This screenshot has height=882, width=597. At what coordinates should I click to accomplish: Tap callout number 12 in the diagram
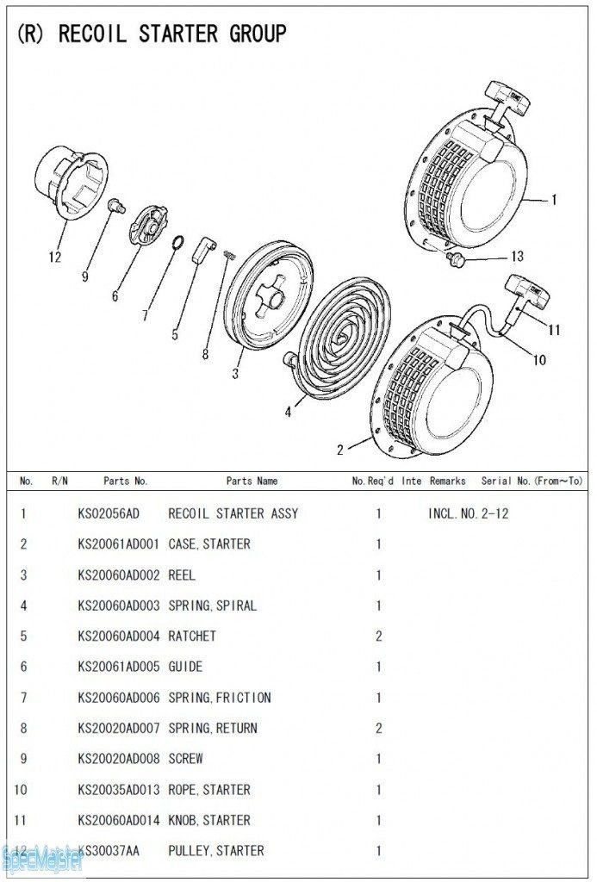[x=55, y=257]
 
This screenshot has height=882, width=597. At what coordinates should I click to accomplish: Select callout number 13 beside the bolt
[x=517, y=257]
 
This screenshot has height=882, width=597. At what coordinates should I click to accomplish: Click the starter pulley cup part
[x=74, y=183]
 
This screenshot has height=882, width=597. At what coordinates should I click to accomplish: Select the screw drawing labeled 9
[x=115, y=205]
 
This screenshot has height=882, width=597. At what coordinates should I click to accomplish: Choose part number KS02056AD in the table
[x=108, y=513]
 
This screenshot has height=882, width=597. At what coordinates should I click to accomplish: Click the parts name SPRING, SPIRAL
[x=212, y=606]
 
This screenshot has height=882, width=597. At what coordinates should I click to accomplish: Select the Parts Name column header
[x=252, y=481]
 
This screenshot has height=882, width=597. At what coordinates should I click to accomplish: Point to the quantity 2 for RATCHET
[x=378, y=636]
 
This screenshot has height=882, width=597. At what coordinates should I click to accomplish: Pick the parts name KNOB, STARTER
[x=209, y=820]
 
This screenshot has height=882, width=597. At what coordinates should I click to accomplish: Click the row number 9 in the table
[x=24, y=759]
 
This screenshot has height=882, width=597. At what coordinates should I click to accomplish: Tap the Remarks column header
[x=448, y=481]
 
